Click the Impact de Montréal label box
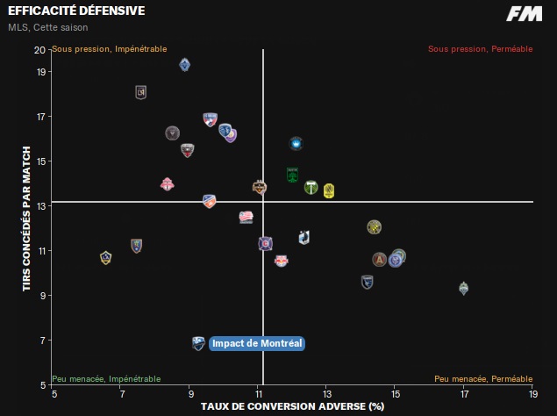pos(257,343)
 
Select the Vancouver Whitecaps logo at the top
pos(185,64)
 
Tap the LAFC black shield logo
pos(141,92)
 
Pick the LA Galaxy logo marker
pos(106,257)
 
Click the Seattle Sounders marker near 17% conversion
pos(463,288)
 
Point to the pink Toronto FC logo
pos(168,184)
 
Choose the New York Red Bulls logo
pos(281,260)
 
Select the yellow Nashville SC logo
pos(329,190)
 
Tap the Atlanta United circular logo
pos(379,260)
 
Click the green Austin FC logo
pos(293,175)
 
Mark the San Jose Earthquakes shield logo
pos(368,282)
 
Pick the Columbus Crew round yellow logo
pos(374,227)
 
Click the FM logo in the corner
pos(524,13)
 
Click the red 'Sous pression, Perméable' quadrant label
pos(480,49)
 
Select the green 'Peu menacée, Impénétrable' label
pos(106,379)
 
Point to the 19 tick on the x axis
pos(532,395)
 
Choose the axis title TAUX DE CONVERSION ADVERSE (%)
pos(293,406)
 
